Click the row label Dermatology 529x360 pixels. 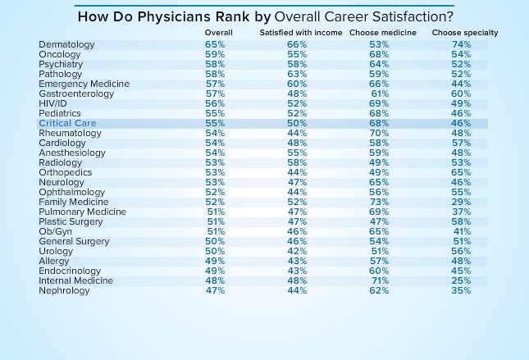tap(67, 44)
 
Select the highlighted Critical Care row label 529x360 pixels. tap(67, 123)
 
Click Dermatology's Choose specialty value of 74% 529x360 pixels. tap(462, 44)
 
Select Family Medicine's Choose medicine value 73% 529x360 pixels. tap(380, 202)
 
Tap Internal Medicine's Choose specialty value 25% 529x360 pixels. tap(462, 280)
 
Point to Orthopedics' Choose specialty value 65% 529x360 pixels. tap(462, 172)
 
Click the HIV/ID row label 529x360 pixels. tap(53, 103)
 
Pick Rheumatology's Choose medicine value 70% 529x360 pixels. tap(380, 133)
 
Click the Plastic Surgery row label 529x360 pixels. tap(71, 221)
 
